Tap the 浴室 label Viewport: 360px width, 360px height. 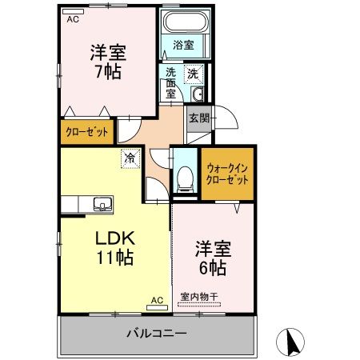183,46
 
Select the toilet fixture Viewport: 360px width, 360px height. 184,179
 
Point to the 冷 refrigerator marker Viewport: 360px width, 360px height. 130,158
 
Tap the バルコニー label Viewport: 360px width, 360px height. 157,333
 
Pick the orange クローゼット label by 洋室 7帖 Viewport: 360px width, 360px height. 86,134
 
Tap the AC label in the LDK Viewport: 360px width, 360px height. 157,302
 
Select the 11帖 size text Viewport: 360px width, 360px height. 117,258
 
